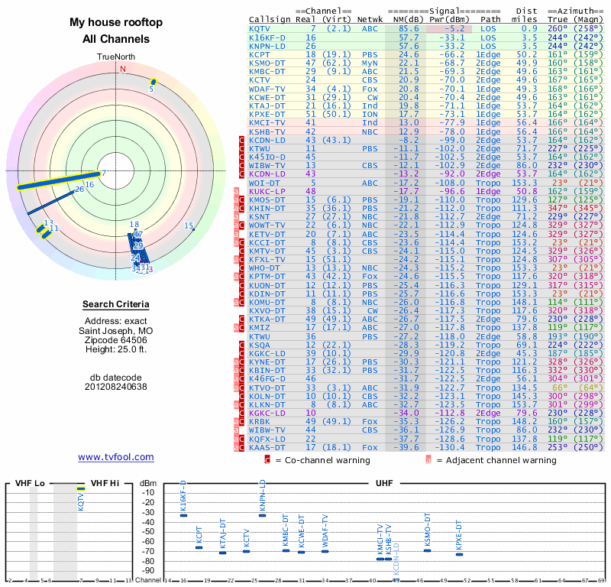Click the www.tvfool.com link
[116, 457]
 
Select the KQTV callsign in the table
[260, 28]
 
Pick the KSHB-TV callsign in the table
[267, 131]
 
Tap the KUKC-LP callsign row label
[267, 191]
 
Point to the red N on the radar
[121, 69]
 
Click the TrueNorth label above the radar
[116, 57]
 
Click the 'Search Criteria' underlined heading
[116, 305]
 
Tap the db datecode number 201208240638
[116, 387]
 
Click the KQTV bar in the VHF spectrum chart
[81, 488]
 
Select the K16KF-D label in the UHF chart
[183, 497]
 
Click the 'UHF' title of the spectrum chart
[385, 483]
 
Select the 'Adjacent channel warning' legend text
[496, 460]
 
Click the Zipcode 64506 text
[116, 339]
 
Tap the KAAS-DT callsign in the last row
[267, 448]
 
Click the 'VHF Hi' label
[104, 483]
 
